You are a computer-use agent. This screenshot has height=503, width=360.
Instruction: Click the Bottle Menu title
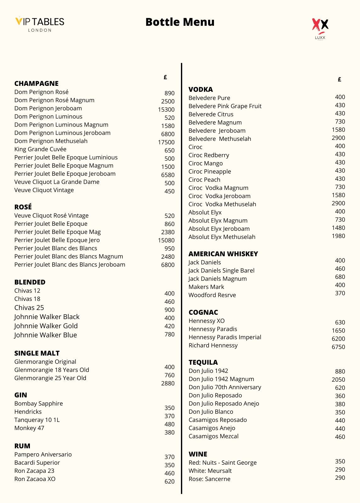[x=180, y=22]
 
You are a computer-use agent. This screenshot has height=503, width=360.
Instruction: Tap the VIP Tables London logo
[x=40, y=24]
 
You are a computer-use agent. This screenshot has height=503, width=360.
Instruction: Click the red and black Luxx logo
[x=320, y=29]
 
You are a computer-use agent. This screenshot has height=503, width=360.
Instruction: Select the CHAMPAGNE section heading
[x=37, y=84]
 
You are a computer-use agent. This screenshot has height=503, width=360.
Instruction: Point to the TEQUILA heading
[x=203, y=362]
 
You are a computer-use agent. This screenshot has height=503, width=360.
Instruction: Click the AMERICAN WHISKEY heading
[x=223, y=254]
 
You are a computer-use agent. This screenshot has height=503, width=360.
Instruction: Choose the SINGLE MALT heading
[x=37, y=353]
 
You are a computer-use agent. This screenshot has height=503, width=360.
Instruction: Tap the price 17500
[x=166, y=142]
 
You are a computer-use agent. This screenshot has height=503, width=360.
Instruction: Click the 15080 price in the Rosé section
[x=166, y=240]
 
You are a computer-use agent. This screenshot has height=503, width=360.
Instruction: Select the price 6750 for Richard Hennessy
[x=338, y=347]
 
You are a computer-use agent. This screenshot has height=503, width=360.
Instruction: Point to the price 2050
[x=338, y=380]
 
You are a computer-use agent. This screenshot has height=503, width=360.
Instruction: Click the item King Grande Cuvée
[x=40, y=149]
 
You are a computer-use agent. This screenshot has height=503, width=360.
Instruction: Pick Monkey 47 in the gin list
[x=29, y=428]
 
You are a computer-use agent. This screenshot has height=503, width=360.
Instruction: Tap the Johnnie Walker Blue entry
[x=46, y=335]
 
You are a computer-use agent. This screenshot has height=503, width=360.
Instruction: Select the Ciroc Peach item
[x=204, y=180]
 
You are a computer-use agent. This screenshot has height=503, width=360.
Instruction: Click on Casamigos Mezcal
[x=213, y=436]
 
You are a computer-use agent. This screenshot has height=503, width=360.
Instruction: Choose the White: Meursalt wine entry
[x=210, y=471]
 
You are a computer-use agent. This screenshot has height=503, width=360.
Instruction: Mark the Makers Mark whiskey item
[x=206, y=287]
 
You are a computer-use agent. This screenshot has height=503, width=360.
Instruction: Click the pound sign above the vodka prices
[x=339, y=80]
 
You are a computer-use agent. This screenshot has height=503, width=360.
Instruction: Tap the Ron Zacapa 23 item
[x=34, y=471]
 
